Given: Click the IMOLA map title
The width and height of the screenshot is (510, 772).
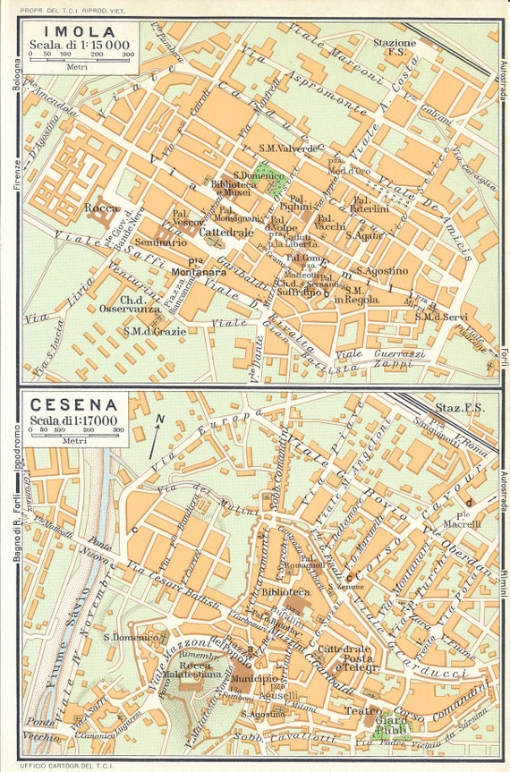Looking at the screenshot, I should tap(57, 29).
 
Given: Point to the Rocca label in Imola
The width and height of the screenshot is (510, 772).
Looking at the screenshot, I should tap(102, 208).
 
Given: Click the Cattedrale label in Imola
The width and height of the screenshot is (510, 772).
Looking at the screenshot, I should tap(223, 232).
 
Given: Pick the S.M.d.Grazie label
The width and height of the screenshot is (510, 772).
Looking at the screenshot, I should tap(155, 331).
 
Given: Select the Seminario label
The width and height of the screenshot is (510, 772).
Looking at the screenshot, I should tap(162, 242).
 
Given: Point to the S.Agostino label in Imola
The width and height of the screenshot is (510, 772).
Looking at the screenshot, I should tap(382, 270).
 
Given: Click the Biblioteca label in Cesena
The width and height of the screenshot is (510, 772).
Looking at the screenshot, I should tap(286, 591).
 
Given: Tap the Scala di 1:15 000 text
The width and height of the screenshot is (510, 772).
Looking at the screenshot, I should tap(79, 44).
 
